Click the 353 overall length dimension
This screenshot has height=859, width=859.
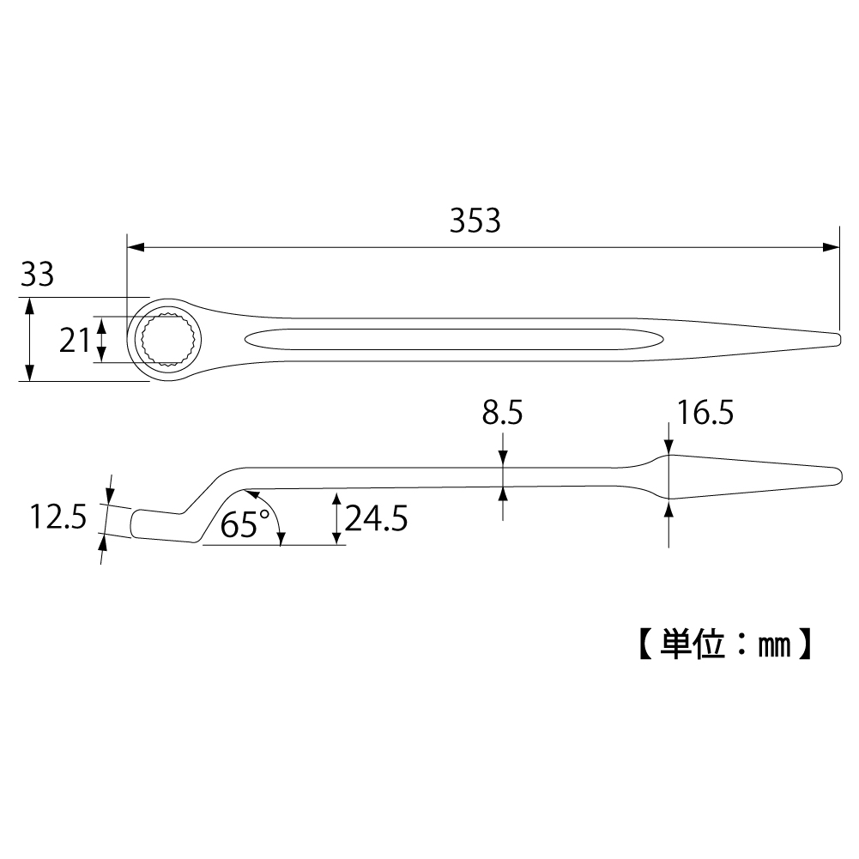coord(475,221)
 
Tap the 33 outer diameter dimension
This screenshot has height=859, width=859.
coord(37,275)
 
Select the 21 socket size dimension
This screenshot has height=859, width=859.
coord(74,341)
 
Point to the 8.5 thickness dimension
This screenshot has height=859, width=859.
coord(502,414)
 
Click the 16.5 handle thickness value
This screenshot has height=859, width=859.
coord(704,414)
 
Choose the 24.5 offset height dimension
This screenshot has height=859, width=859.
coord(376,518)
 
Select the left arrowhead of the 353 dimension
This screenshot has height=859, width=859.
coord(136,247)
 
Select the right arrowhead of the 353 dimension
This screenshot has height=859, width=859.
coord(832,247)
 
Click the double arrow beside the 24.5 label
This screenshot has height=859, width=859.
coord(336,518)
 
